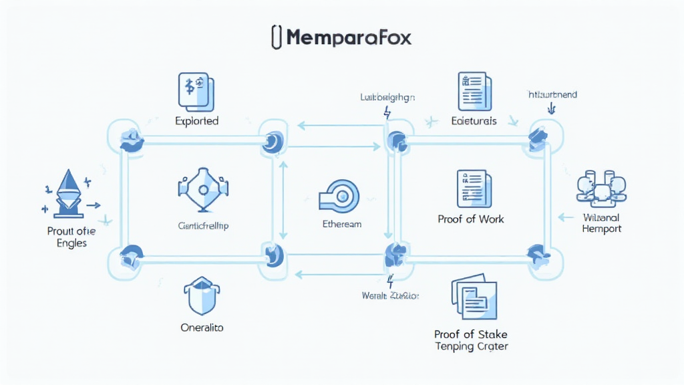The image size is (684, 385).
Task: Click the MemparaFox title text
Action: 349,37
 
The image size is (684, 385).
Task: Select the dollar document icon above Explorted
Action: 196,92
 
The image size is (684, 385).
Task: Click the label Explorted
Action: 197,122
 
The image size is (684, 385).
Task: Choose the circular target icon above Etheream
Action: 341,195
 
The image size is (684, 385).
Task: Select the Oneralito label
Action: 202,328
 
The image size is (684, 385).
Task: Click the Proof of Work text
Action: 471,219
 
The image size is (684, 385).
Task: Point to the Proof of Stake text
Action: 471,334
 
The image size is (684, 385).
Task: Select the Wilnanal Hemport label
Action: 601,223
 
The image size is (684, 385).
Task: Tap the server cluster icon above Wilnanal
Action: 601,187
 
